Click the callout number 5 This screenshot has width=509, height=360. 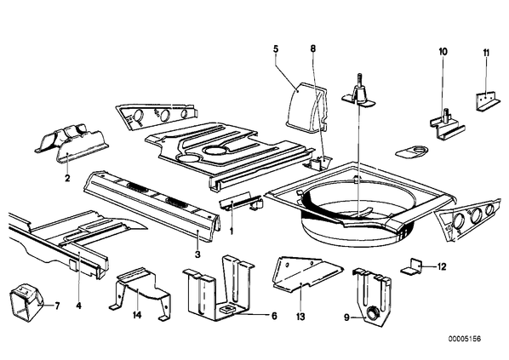tap(276, 49)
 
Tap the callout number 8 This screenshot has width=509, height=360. tap(313, 49)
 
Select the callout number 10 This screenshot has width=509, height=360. tap(443, 52)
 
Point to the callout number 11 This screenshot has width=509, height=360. tap(486, 53)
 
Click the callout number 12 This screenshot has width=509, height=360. tap(442, 267)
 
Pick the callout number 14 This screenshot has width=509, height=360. tap(137, 315)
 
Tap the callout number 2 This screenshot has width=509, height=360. tap(67, 178)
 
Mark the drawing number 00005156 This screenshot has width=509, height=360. tap(465, 339)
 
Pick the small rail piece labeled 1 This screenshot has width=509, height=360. tap(241, 203)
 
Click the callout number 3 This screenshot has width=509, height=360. tap(197, 254)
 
